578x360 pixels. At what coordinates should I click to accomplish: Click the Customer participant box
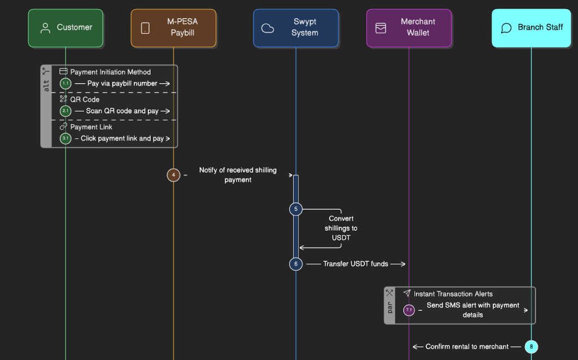click(65, 28)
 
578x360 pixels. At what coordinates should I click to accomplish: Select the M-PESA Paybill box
click(173, 28)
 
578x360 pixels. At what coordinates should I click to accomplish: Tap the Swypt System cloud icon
click(268, 28)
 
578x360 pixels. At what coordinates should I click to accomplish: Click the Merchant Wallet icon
click(381, 28)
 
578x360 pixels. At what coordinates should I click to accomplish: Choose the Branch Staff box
click(531, 28)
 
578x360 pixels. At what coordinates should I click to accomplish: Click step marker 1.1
click(65, 84)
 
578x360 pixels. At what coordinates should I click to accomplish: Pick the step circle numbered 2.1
click(65, 111)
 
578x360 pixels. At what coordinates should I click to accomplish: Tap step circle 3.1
click(65, 138)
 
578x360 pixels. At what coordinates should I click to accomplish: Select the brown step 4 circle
click(173, 175)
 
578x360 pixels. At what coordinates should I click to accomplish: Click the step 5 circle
click(296, 209)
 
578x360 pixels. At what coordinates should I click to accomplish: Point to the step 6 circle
click(296, 264)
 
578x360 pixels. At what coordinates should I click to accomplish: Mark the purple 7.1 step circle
click(409, 310)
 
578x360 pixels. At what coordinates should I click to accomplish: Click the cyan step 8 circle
click(531, 346)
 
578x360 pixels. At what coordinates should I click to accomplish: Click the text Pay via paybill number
click(122, 84)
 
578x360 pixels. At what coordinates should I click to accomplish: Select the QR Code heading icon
click(63, 99)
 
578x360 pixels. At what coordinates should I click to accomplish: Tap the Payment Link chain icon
click(63, 127)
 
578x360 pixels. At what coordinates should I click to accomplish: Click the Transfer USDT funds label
click(356, 264)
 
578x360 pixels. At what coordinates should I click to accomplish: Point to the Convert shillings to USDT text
click(341, 228)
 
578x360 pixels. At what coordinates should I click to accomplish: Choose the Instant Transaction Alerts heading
click(453, 294)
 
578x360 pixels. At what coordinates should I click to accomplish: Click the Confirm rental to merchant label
click(467, 346)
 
